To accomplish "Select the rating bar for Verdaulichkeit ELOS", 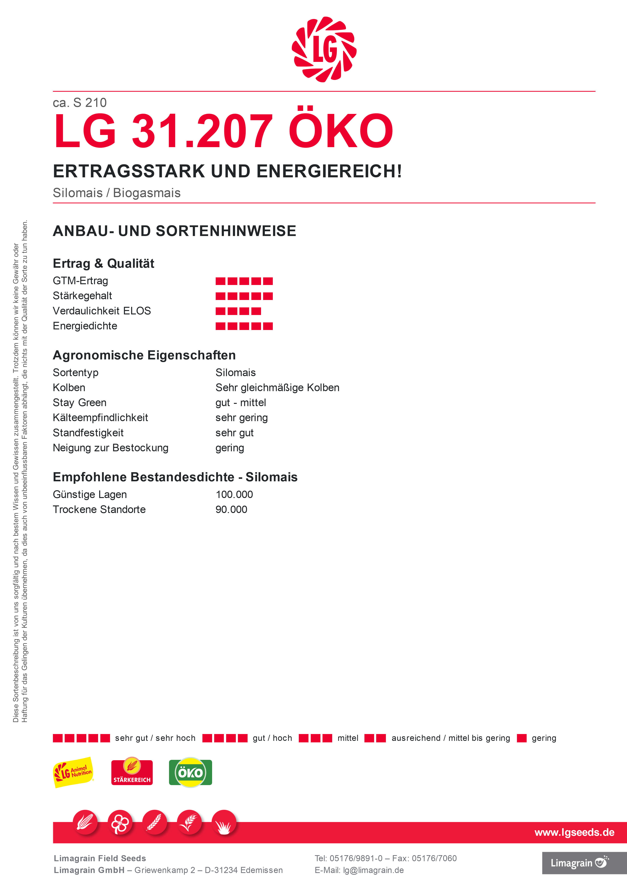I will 238,311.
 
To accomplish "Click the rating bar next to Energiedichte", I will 244,326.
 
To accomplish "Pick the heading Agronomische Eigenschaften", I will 144,355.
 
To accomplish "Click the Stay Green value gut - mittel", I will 240,403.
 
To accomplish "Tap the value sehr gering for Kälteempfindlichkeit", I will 242,418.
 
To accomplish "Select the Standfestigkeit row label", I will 88,433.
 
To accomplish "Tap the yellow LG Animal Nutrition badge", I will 73,772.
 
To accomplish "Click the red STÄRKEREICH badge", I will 132,772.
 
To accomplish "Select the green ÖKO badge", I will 190,772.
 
